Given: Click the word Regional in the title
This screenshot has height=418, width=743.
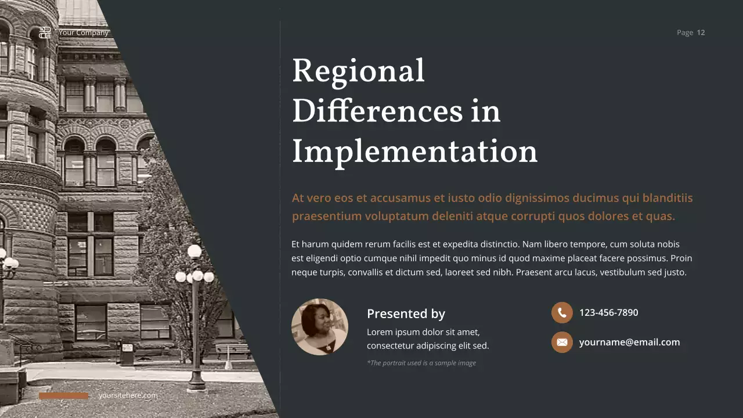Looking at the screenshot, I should [x=358, y=72].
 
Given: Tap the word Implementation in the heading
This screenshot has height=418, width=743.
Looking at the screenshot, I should [x=414, y=152].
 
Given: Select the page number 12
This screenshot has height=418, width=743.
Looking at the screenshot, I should [x=701, y=33].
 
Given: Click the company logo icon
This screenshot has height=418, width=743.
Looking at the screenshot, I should [x=45, y=33].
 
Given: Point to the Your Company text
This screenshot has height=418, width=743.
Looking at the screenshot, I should [x=84, y=33].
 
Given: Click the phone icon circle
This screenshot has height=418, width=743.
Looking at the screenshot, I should [x=562, y=313].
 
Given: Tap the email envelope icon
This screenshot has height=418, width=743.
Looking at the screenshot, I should [x=562, y=343].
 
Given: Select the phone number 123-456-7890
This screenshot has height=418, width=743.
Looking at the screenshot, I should [x=608, y=313].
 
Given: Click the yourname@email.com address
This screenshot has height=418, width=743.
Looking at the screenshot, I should [x=629, y=343].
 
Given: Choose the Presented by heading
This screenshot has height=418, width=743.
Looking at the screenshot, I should [x=406, y=314].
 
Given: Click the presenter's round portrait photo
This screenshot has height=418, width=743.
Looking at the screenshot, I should [x=320, y=327].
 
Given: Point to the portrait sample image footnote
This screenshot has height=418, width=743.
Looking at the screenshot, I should [x=421, y=363].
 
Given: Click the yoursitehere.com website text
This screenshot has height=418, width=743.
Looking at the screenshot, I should [x=128, y=396].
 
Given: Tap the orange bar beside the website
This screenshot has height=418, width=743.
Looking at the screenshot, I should [x=64, y=396].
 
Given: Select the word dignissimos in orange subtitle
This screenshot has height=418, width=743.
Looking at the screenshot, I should [x=537, y=198].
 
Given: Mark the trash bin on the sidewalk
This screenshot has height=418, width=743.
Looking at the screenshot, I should [x=127, y=354].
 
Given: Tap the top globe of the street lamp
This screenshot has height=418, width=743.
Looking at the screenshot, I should [x=194, y=251].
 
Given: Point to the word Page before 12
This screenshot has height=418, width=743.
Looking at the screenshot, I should [x=685, y=33].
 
